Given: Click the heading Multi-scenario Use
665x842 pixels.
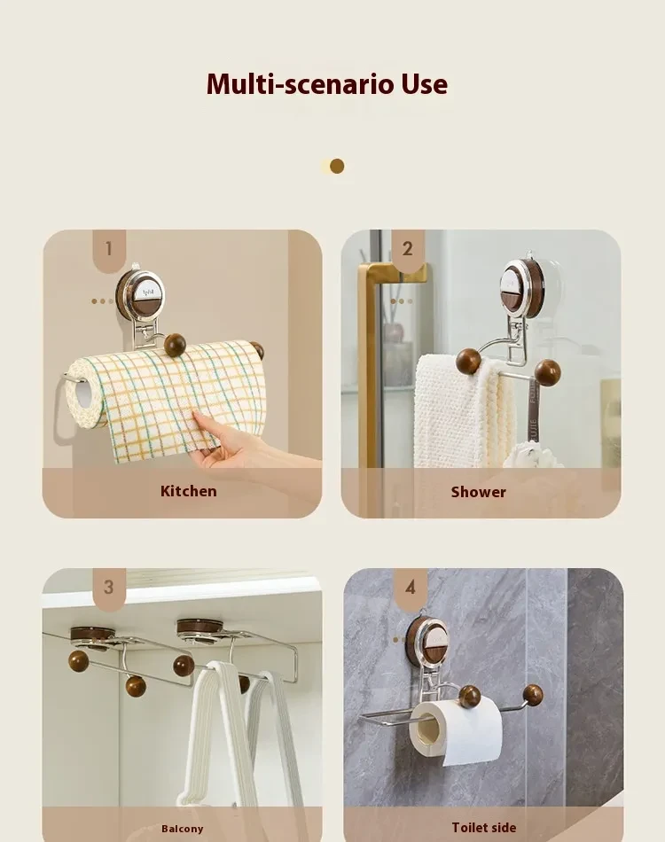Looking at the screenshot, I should [x=327, y=84].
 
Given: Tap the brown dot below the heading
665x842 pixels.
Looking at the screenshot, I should [x=336, y=166].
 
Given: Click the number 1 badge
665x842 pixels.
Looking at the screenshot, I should [x=109, y=249].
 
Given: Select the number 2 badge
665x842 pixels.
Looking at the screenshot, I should [x=407, y=249].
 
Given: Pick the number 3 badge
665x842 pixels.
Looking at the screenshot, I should [x=108, y=588].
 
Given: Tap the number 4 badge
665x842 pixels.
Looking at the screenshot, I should [x=410, y=588].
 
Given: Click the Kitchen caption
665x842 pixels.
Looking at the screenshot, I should [x=188, y=491].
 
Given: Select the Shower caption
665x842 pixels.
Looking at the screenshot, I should [x=478, y=492].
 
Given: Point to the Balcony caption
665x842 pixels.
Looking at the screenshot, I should [x=182, y=829].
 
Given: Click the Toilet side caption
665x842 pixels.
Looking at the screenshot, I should [x=483, y=828].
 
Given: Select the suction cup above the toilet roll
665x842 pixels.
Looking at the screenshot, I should [x=427, y=642].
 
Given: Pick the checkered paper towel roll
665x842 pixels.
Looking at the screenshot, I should [x=168, y=390].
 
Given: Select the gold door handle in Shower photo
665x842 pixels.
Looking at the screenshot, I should [x=366, y=372].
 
